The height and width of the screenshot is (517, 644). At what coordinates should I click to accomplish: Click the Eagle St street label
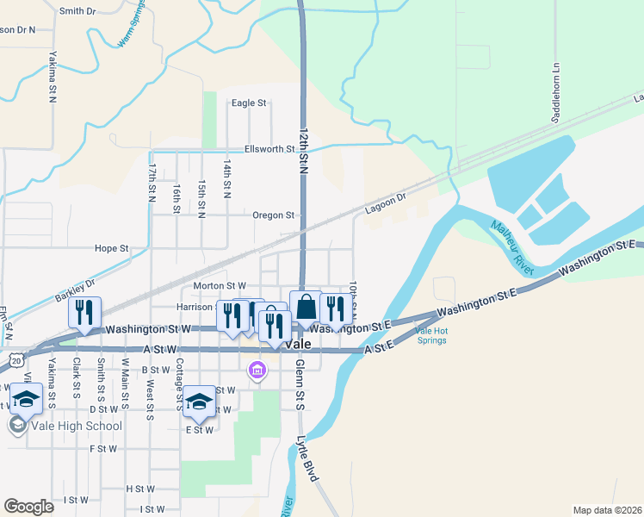(x=249, y=103)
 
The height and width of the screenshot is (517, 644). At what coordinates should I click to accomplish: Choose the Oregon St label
(x=274, y=215)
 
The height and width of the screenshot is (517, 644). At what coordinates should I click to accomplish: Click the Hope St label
(x=111, y=248)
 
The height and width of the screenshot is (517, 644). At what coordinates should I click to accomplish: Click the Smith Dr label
(x=77, y=11)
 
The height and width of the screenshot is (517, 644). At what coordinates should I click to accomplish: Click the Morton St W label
(x=220, y=285)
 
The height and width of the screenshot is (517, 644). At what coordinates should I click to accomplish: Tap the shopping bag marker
(x=306, y=308)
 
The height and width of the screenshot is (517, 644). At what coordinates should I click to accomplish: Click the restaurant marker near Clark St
(x=84, y=313)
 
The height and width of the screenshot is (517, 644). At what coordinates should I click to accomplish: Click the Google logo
(x=28, y=507)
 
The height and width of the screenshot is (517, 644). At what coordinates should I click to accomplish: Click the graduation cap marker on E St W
(x=199, y=402)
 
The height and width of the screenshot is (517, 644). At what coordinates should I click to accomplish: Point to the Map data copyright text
(x=607, y=510)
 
